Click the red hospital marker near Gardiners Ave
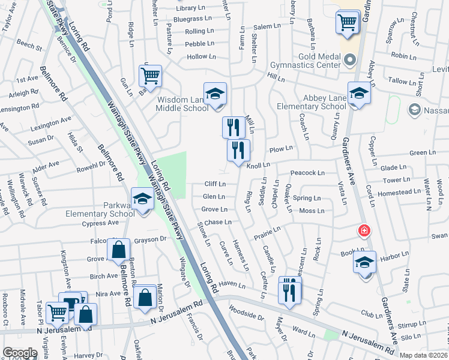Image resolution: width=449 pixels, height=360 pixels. click(363, 230)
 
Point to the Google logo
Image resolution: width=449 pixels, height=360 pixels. click(20, 353)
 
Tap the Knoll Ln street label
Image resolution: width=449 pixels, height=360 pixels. click(258, 164)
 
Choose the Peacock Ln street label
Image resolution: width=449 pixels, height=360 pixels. click(307, 173)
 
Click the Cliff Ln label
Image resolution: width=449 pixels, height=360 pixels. click(214, 184)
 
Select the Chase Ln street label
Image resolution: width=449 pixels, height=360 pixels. click(218, 222)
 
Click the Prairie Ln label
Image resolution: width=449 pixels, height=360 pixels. click(267, 232)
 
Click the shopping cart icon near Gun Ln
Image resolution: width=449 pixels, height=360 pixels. click(150, 76)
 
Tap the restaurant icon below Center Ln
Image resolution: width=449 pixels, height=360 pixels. click(289, 290)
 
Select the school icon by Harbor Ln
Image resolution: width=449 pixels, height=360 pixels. click(364, 263)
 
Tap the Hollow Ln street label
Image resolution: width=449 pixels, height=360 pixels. click(201, 56)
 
